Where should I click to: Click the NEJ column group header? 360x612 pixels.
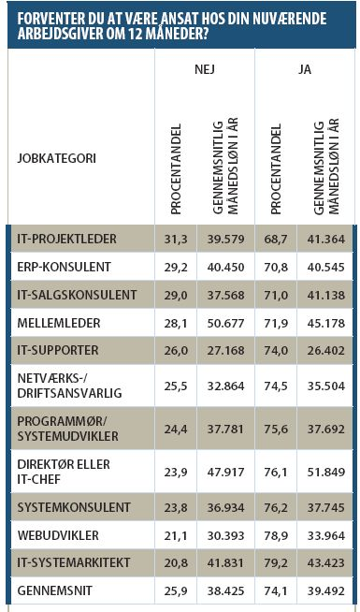[205, 69]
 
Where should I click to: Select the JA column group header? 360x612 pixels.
[305, 69]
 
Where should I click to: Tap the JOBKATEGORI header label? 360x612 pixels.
[56, 159]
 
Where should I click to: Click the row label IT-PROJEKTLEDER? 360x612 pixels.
[66, 239]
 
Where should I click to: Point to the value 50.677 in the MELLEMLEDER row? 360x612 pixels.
[226, 323]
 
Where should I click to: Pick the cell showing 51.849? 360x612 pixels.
[326, 473]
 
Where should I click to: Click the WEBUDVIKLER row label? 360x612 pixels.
[58, 535]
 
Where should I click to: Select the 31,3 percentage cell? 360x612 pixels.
[176, 239]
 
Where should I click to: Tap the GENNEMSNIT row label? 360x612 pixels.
[53, 590]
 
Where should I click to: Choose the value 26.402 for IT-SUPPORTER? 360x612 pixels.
[326, 350]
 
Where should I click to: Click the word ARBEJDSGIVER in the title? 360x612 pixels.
[60, 34]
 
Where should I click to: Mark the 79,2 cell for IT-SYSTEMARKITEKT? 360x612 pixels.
[276, 562]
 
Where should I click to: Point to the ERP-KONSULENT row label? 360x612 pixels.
[64, 267]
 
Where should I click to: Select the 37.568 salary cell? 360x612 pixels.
[226, 295]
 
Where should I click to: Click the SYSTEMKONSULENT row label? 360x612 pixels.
[74, 507]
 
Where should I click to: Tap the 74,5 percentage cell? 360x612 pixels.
[276, 386]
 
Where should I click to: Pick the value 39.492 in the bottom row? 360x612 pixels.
[326, 590]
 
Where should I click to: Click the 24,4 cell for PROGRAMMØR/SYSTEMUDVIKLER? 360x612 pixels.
[176, 430]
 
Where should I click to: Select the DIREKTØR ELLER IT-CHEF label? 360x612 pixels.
[64, 472]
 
